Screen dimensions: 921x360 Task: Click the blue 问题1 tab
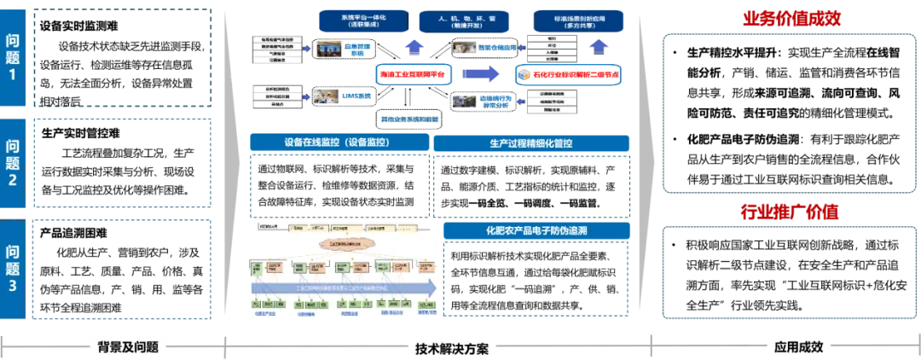click(13, 57)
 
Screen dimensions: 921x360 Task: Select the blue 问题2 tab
click(13, 161)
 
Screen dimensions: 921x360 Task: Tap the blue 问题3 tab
click(13, 268)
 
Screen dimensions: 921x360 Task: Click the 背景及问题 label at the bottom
click(128, 346)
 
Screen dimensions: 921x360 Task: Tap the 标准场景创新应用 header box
click(576, 20)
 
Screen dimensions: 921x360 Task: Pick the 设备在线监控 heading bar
click(338, 142)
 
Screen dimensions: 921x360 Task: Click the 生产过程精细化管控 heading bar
click(532, 144)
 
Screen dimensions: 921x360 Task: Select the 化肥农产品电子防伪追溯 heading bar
click(536, 231)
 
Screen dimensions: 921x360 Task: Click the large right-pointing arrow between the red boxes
click(481, 76)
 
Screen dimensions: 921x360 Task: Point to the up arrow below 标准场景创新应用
click(600, 46)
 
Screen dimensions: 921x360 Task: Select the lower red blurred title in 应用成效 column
click(790, 212)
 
